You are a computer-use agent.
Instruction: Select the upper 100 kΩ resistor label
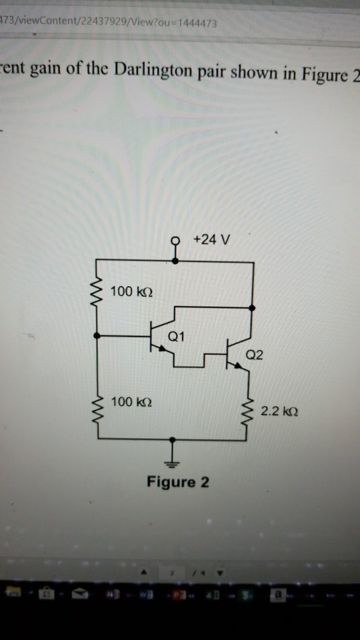[x=132, y=291]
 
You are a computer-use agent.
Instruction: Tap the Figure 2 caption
[x=177, y=482]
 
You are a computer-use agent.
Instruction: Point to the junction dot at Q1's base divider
[x=99, y=336]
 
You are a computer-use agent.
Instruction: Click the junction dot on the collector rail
[x=252, y=308]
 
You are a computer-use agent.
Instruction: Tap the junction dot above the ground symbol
[x=173, y=439]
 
